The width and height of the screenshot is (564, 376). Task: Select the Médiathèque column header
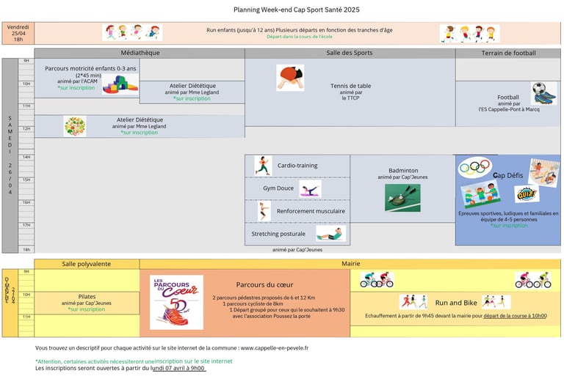click(140, 53)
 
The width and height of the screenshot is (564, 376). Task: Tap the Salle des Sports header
click(350, 53)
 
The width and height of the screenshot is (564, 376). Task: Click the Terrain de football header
click(508, 53)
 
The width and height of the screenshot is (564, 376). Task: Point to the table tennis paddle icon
click(290, 78)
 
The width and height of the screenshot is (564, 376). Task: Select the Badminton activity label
click(402, 170)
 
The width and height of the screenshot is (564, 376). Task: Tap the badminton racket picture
click(402, 197)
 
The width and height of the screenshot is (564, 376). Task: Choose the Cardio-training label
click(297, 166)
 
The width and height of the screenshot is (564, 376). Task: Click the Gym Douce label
click(278, 188)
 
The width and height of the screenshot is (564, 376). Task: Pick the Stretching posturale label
click(278, 235)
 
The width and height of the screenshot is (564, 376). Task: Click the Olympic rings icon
click(474, 168)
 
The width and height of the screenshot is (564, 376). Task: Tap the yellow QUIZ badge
click(526, 194)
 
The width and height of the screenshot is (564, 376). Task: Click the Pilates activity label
click(87, 297)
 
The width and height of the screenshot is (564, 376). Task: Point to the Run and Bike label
click(456, 303)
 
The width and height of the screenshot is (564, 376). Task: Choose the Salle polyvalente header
click(87, 263)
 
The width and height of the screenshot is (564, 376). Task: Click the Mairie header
click(350, 263)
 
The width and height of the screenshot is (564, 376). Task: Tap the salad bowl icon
click(74, 126)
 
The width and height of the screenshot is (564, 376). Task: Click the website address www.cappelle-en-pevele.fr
click(274, 348)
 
